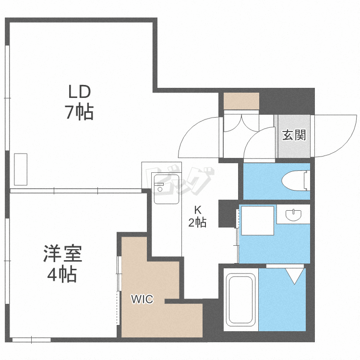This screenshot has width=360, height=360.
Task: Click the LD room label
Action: [x=79, y=91]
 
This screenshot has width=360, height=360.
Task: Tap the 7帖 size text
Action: [x=79, y=112]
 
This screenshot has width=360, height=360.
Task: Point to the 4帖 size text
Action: [x=62, y=275]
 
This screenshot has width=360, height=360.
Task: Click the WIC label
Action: [x=143, y=300]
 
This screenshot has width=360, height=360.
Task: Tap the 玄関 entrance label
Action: [x=293, y=135]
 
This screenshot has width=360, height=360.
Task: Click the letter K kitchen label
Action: [x=197, y=209]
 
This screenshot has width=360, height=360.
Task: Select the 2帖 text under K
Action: [x=197, y=223]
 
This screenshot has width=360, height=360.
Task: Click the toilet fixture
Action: [x=294, y=181]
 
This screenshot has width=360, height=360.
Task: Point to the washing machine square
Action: [x=257, y=220]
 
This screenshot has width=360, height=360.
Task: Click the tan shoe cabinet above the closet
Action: [x=241, y=101]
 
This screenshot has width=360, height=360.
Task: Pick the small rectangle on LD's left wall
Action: [x=21, y=169]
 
